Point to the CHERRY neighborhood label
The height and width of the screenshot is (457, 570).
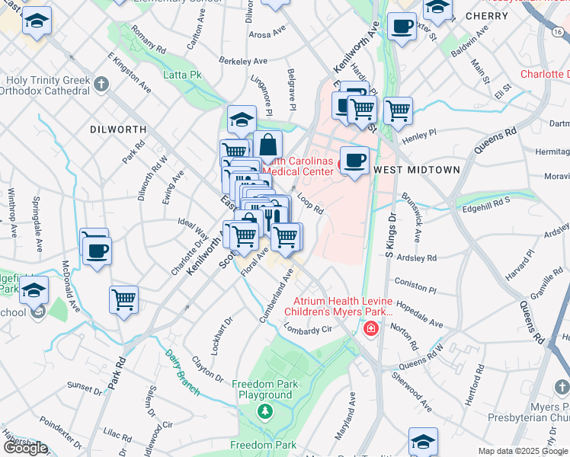486,15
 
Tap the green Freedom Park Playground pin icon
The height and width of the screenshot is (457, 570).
264,411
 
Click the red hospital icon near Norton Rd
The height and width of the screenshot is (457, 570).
370,328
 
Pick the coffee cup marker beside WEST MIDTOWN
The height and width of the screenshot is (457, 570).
354,160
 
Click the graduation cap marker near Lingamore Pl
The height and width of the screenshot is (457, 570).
242,119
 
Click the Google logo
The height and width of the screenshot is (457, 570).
25,448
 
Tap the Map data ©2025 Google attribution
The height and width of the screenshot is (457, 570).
522,451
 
